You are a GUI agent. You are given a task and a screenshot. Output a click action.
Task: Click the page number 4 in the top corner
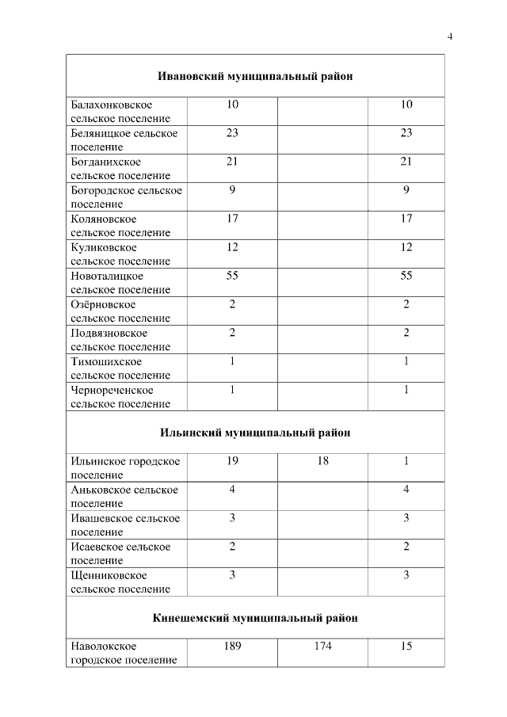click(450, 36)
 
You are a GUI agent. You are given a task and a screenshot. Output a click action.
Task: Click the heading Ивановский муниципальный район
click(254, 76)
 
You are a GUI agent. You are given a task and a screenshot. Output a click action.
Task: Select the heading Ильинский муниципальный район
click(254, 433)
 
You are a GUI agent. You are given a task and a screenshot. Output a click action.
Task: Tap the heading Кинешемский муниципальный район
click(254, 618)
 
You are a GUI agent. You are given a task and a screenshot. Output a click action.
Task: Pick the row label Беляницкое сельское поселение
click(124, 140)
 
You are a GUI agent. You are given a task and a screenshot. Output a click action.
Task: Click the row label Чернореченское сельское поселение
click(120, 397)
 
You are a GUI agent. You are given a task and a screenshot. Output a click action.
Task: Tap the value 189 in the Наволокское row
click(232, 646)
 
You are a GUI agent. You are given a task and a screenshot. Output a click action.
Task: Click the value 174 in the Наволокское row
click(322, 646)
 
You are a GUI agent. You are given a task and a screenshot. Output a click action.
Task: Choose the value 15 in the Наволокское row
click(406, 646)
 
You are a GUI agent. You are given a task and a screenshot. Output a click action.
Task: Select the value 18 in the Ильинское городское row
click(322, 461)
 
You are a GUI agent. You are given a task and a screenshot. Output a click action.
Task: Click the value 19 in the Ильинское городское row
click(232, 461)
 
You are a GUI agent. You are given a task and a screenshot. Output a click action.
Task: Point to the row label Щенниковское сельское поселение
click(120, 582)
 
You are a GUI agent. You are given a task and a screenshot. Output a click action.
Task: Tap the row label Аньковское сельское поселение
click(124, 497)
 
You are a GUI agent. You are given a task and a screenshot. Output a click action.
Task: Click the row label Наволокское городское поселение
click(124, 654)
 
